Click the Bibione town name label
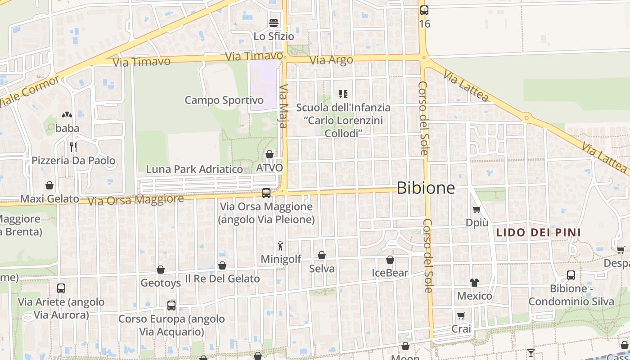pos(426,188)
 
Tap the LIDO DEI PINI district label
pos(538,233)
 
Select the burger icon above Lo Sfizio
pos(274,22)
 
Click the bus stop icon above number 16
pos(424,10)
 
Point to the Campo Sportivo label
pos(224,100)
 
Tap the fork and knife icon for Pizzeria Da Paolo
pos(73,147)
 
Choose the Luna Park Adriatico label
pos(194,169)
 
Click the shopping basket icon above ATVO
pos(270,155)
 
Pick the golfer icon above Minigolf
pos(281,246)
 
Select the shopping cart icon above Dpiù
pos(477,209)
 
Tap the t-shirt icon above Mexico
pos(474,283)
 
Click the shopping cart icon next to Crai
pos(461,315)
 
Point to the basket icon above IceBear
pos(390,260)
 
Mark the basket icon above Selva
pos(322,256)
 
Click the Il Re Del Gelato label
pos(222,279)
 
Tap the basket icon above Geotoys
pos(161,270)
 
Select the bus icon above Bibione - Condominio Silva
pos(571,275)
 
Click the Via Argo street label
pos(332,60)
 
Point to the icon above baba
pos(67,115)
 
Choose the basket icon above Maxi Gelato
pos(49,185)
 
